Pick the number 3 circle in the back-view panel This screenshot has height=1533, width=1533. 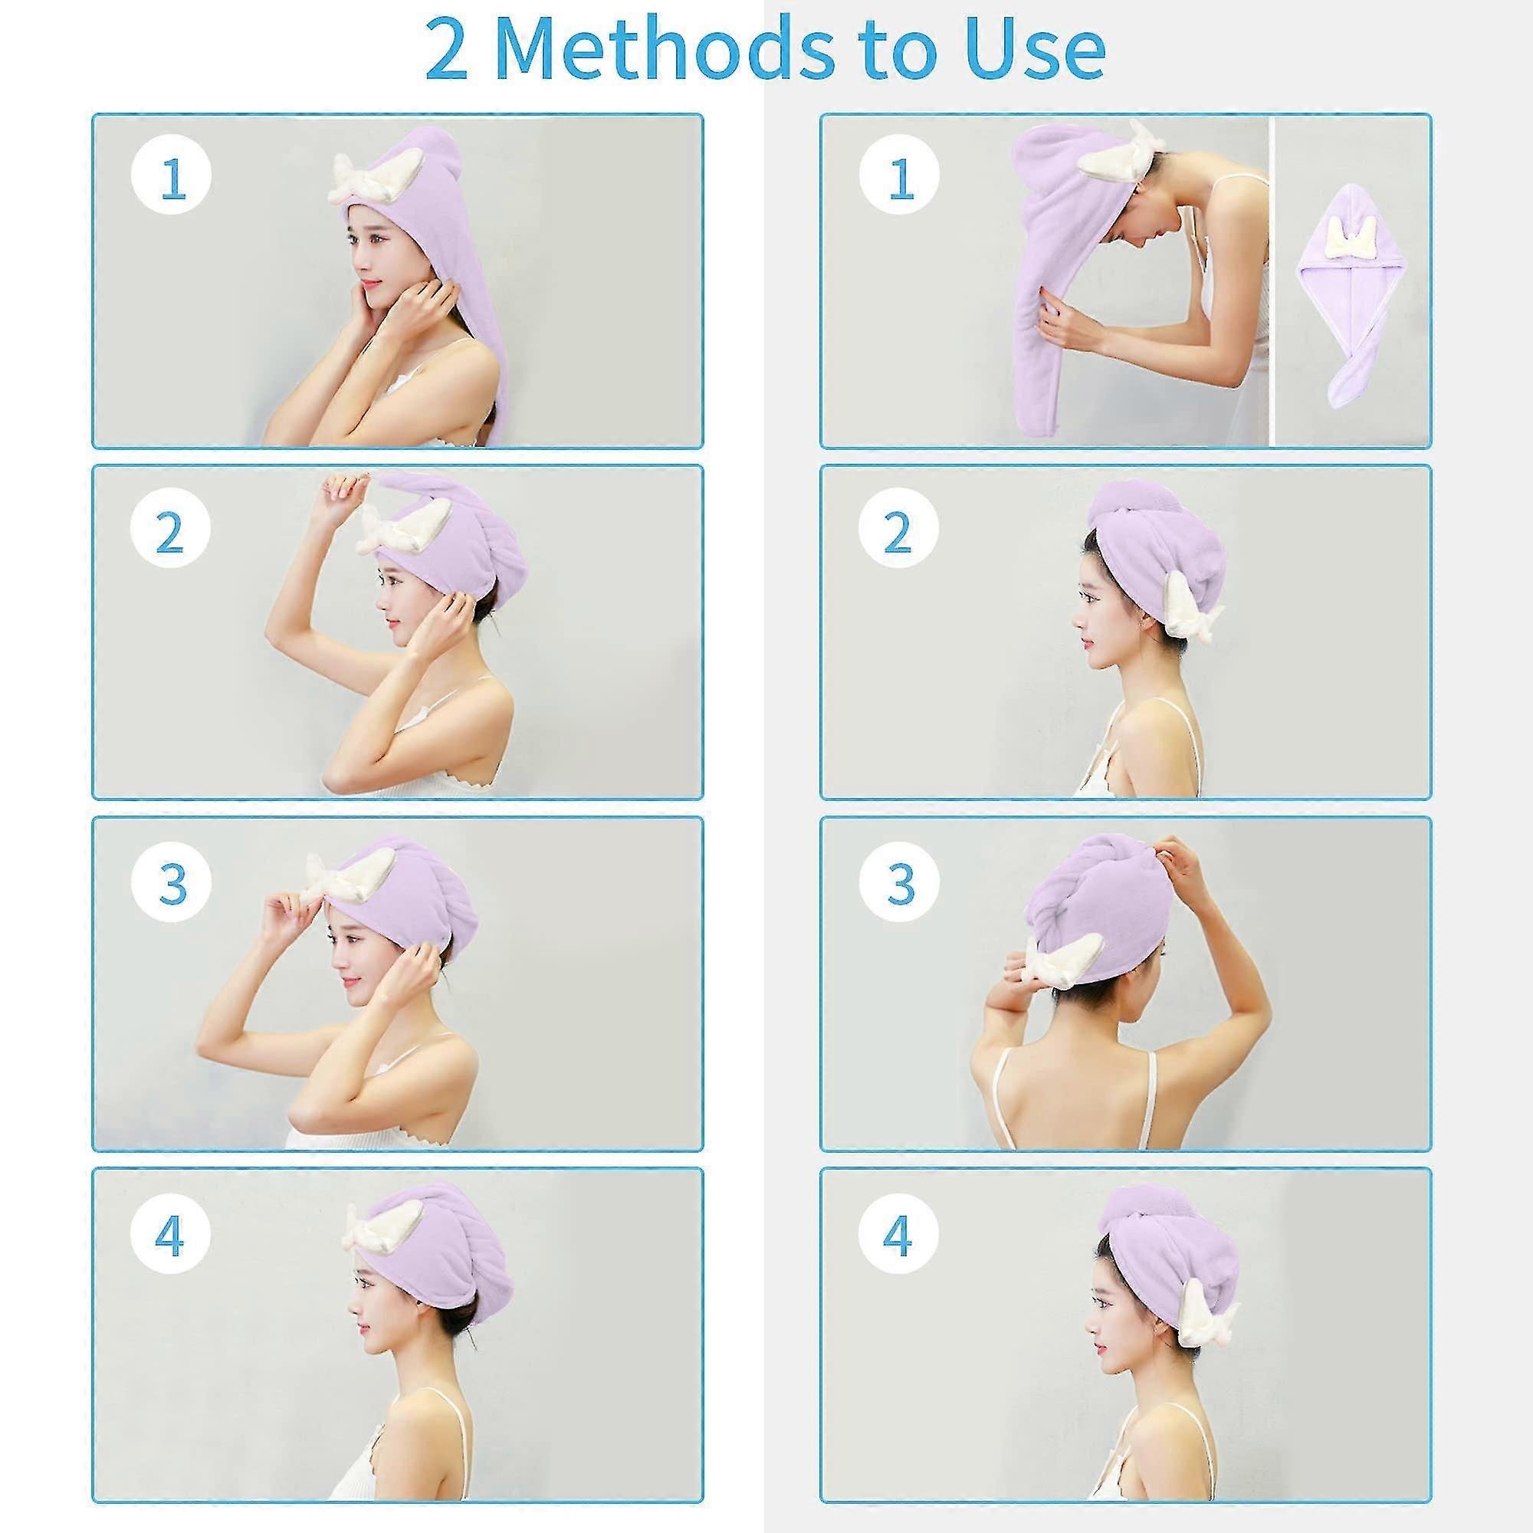[899, 881]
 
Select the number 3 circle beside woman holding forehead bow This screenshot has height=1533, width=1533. [171, 881]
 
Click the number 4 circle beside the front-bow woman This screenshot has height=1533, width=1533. [171, 1235]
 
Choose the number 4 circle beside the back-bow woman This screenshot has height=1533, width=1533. [899, 1235]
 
